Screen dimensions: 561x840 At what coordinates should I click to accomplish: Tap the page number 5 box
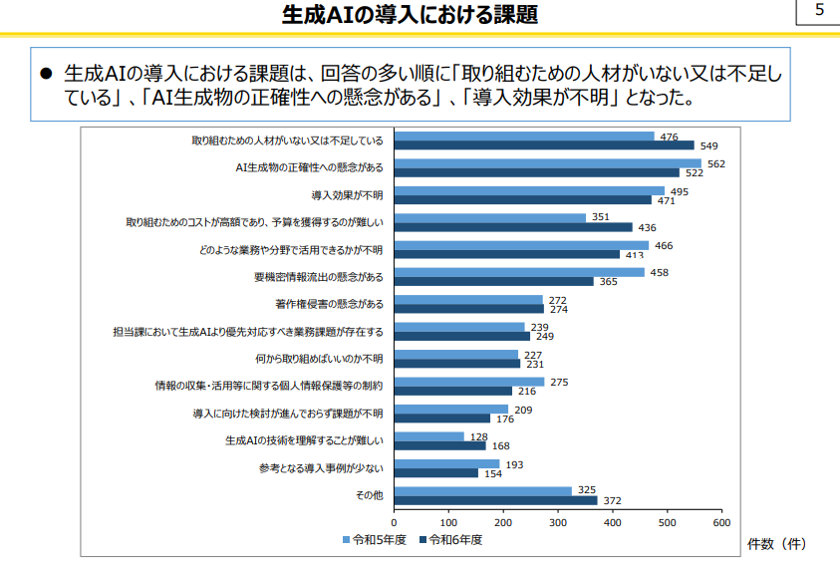(x=819, y=12)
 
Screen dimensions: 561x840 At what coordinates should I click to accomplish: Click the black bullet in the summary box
(x=45, y=75)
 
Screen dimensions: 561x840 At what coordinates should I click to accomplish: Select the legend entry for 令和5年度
(x=375, y=539)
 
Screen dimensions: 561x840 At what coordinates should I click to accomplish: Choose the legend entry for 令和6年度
(x=451, y=539)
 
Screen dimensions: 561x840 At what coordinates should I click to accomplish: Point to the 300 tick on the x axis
(x=558, y=520)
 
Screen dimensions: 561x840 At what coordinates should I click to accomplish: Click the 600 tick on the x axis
(x=721, y=520)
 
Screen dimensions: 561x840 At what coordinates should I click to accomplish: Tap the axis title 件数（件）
(x=777, y=543)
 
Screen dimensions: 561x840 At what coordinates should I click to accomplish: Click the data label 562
(x=715, y=163)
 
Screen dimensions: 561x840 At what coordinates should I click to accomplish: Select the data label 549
(x=708, y=145)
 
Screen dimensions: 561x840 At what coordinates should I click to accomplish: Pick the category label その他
(x=370, y=494)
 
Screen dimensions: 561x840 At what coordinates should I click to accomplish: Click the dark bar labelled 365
(x=494, y=281)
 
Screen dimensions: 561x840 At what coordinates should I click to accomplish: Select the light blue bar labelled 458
(x=519, y=272)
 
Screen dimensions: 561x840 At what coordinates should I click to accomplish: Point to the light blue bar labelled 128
(x=429, y=436)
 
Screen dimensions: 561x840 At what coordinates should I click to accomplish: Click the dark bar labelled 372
(x=496, y=500)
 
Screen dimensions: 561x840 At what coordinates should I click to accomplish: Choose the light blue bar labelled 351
(x=490, y=217)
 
